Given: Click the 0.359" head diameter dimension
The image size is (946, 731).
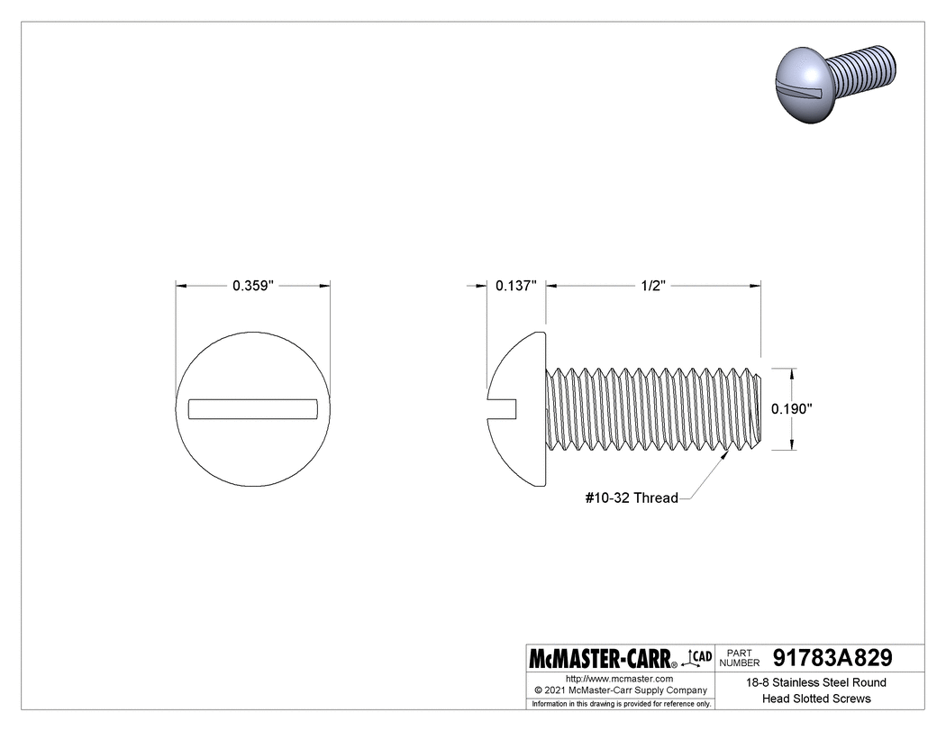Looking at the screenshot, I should tap(252, 286).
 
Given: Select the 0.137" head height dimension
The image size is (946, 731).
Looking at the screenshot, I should tap(516, 286).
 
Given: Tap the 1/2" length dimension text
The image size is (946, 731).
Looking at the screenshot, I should tap(652, 286).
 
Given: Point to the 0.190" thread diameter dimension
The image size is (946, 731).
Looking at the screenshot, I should tap(792, 408).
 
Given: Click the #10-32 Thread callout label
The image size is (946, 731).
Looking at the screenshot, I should tap(631, 498).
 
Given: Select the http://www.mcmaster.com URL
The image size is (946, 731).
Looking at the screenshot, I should tap(619, 678).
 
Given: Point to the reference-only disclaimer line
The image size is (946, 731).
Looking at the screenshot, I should tap(621, 703).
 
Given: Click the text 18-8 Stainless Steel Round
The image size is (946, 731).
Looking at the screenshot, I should tap(816, 682).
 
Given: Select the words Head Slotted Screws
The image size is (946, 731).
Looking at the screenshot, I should tap(816, 699).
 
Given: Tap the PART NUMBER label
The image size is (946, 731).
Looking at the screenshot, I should tap(741, 657).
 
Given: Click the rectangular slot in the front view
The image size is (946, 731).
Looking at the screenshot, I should tap(252, 408).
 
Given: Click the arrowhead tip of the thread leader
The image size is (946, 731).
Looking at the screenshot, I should tap(730, 453).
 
